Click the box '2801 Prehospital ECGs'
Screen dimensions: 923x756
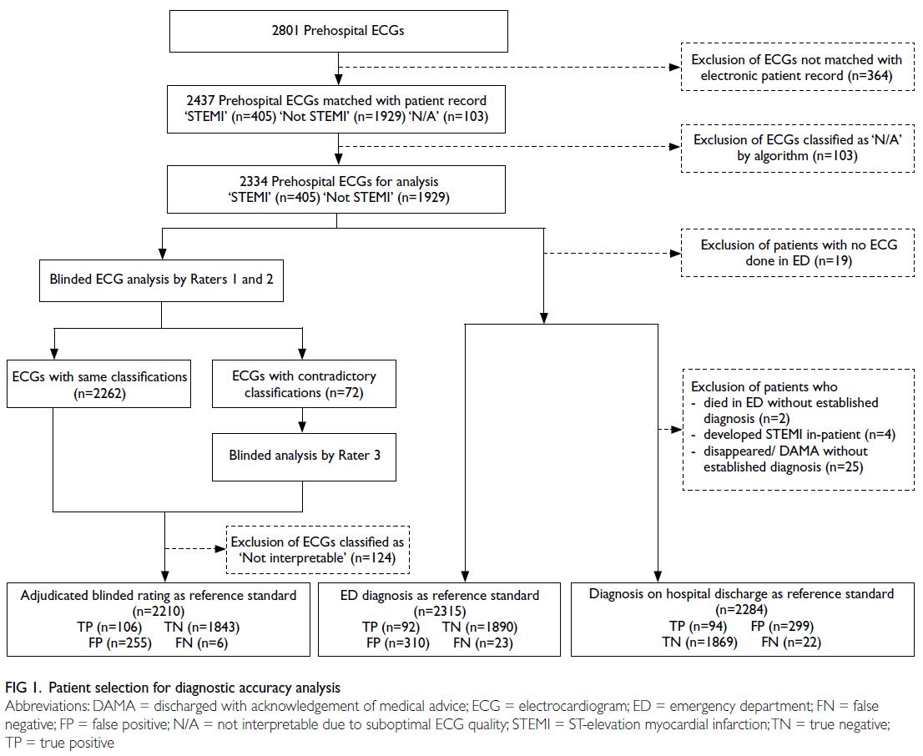click(339, 31)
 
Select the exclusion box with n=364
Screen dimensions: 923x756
click(797, 67)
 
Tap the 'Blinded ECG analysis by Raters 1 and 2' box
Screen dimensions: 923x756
click(161, 280)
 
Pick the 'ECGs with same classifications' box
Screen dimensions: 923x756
click(98, 384)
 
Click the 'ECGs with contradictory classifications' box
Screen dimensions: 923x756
click(304, 384)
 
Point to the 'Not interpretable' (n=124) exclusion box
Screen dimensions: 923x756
click(318, 550)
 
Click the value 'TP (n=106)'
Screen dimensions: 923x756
click(109, 627)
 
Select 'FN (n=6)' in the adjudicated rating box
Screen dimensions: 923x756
click(201, 643)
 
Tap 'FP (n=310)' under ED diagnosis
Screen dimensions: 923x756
click(398, 643)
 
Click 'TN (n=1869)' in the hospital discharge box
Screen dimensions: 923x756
click(699, 642)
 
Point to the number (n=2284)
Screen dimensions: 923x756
click(742, 610)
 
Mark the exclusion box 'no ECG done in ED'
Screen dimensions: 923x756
click(798, 253)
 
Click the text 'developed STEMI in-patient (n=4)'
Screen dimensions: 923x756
click(799, 435)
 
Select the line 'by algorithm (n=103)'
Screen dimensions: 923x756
click(797, 156)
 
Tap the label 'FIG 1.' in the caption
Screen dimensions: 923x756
click(23, 688)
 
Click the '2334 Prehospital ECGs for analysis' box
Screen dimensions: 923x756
click(336, 189)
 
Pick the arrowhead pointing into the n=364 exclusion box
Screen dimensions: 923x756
click(676, 67)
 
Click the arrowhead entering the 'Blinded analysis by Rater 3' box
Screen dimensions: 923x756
click(303, 428)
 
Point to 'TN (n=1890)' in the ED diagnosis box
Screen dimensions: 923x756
click(480, 627)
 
